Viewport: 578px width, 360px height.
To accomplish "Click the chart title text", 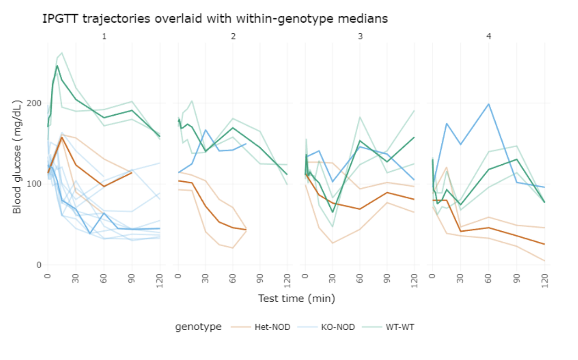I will pyautogui.click(x=215, y=19).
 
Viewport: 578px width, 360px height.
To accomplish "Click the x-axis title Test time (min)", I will pyautogui.click(x=296, y=299).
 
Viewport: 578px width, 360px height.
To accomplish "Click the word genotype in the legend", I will pyautogui.click(x=198, y=327).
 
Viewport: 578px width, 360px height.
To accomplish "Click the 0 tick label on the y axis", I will pyautogui.click(x=39, y=265).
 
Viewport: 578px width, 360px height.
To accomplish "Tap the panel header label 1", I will pyautogui.click(x=104, y=37).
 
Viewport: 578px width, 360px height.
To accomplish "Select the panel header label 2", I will pyautogui.click(x=233, y=37).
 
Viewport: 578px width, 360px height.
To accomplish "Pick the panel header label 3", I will pyautogui.click(x=360, y=37).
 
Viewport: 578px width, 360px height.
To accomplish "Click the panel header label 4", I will pyautogui.click(x=489, y=37).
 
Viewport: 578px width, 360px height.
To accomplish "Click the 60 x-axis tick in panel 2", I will pyautogui.click(x=233, y=278).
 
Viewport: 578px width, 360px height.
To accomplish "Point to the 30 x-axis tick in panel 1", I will pyautogui.click(x=76, y=278).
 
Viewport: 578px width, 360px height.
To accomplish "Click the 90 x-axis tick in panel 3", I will pyautogui.click(x=387, y=278).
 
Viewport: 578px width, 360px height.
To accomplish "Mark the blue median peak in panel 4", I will pyautogui.click(x=489, y=104).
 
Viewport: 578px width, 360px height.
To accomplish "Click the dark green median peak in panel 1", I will pyautogui.click(x=57, y=66).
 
